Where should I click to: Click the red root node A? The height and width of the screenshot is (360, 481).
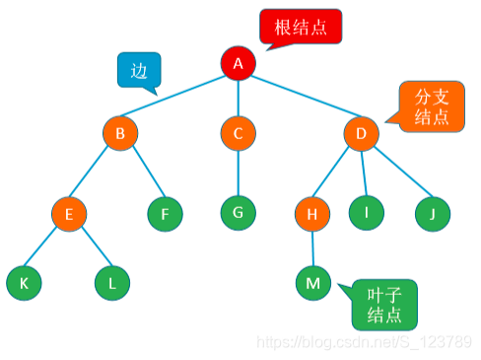point(238,63)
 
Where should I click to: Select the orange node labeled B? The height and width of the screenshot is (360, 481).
point(120,133)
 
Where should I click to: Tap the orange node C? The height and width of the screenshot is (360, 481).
point(238,133)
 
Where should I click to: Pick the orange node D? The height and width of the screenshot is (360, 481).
point(361,133)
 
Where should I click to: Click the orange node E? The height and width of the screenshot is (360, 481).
point(70,212)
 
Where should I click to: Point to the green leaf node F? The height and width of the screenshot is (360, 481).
point(165,212)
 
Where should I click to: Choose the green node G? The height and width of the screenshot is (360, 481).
point(238,210)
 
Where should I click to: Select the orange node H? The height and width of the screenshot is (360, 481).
point(311,212)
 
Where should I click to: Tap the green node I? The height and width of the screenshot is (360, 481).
point(366,210)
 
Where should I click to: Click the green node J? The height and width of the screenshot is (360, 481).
point(432,212)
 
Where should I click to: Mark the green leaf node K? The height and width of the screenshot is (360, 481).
point(23,283)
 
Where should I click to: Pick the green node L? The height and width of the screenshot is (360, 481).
point(112,283)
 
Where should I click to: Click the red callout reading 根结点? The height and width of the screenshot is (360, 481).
point(301,27)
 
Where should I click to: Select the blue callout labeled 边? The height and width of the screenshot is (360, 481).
point(138,69)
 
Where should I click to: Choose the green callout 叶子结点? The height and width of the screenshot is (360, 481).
point(383,304)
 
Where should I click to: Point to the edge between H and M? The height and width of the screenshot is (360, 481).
point(312,248)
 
